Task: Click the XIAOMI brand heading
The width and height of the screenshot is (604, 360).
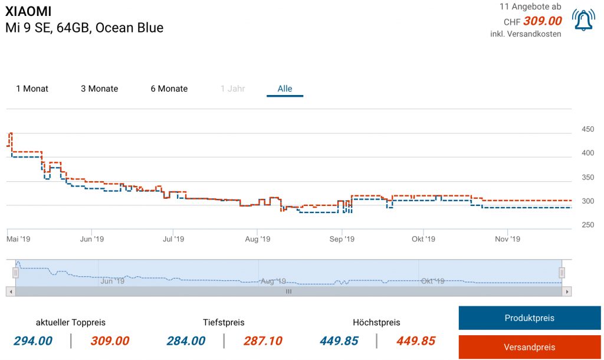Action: click(x=28, y=12)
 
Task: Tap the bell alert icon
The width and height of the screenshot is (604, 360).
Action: click(x=583, y=19)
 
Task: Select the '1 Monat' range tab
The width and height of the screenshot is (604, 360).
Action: click(x=32, y=89)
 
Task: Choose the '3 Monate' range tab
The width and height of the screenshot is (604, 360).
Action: click(x=99, y=89)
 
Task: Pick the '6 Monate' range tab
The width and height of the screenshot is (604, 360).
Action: click(x=169, y=89)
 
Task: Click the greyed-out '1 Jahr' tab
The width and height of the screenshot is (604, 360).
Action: click(x=232, y=89)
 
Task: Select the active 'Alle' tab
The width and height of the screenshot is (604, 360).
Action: click(x=285, y=89)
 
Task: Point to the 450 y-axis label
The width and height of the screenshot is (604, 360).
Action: click(x=587, y=129)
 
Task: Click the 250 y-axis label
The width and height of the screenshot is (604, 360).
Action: click(x=587, y=225)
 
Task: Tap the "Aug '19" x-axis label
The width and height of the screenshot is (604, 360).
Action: click(x=257, y=239)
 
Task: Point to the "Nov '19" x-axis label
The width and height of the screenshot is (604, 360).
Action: click(x=507, y=239)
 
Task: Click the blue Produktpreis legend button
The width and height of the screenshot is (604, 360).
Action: click(x=529, y=318)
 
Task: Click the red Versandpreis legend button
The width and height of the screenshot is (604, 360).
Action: click(x=529, y=347)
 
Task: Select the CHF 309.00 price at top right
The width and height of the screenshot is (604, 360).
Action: click(x=542, y=21)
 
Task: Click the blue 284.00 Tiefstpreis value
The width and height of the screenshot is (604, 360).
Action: click(x=186, y=341)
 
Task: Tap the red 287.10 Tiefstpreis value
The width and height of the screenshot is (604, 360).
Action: click(x=262, y=341)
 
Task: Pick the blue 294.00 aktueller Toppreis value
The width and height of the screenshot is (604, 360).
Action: click(x=33, y=341)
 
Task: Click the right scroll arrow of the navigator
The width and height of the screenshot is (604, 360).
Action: click(x=567, y=292)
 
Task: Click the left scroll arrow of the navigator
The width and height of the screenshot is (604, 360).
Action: click(x=11, y=292)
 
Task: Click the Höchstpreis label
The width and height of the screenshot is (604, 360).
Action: click(x=376, y=322)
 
